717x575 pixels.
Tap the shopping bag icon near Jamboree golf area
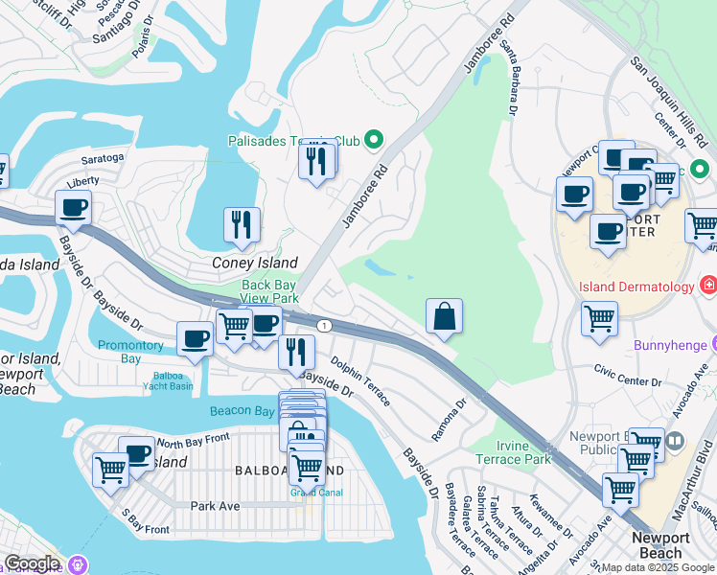click(x=445, y=317)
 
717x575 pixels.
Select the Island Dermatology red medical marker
click(x=707, y=287)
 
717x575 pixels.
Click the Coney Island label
click(x=254, y=263)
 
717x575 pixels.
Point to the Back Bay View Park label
click(x=269, y=291)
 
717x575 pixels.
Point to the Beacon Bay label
click(x=243, y=411)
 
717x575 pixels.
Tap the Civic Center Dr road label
click(x=628, y=370)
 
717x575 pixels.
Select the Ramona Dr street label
click(x=448, y=420)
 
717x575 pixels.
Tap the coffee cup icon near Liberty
click(x=73, y=207)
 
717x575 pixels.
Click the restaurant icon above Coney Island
click(x=242, y=225)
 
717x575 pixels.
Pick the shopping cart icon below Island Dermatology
click(x=599, y=318)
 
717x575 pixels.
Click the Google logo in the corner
click(x=31, y=563)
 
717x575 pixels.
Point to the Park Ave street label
click(x=214, y=505)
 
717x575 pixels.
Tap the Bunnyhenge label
click(x=668, y=343)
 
